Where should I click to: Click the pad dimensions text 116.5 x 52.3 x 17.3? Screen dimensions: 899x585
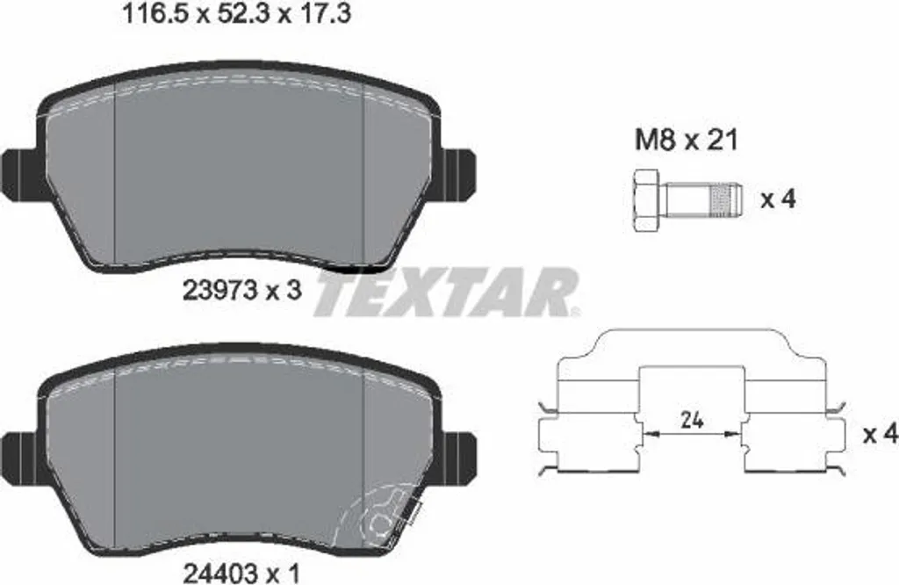pyautogui.click(x=237, y=14)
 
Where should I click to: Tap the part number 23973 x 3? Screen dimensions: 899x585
pyautogui.click(x=241, y=291)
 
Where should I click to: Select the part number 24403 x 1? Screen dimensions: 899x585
pyautogui.click(x=241, y=574)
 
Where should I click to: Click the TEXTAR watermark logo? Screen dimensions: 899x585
pyautogui.click(x=446, y=292)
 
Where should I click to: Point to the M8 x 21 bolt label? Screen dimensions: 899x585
pyautogui.click(x=687, y=140)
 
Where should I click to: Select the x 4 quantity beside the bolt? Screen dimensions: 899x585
pyautogui.click(x=778, y=199)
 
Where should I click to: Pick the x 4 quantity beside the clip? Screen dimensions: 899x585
pyautogui.click(x=880, y=434)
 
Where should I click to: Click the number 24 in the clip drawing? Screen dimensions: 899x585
pyautogui.click(x=692, y=421)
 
